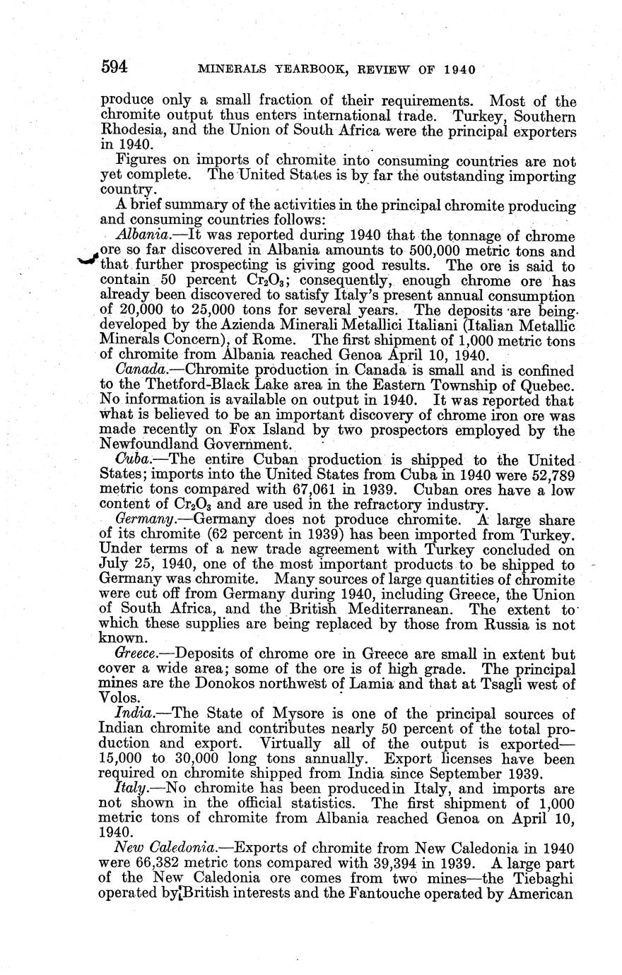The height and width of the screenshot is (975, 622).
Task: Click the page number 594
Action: pyautogui.click(x=114, y=68)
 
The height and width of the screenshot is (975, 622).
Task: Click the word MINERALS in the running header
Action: pyautogui.click(x=230, y=69)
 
